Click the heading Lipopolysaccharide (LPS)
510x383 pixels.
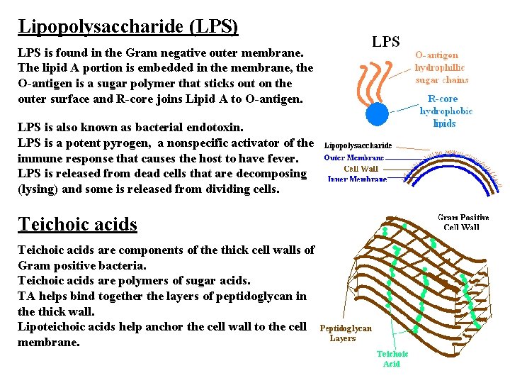click(x=128, y=27)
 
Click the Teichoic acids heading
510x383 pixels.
click(x=77, y=224)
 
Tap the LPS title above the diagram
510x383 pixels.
click(x=386, y=42)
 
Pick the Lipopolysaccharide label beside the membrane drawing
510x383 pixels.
click(x=358, y=146)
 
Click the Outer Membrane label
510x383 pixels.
click(x=355, y=157)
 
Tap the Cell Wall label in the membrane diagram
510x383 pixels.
click(x=361, y=169)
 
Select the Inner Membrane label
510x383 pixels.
click(x=358, y=179)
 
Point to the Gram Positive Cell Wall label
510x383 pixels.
click(x=463, y=222)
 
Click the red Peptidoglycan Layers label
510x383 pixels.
click(x=346, y=333)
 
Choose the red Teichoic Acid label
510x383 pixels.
click(x=392, y=358)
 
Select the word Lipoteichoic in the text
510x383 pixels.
click(x=52, y=326)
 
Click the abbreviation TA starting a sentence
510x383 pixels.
click(x=26, y=296)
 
